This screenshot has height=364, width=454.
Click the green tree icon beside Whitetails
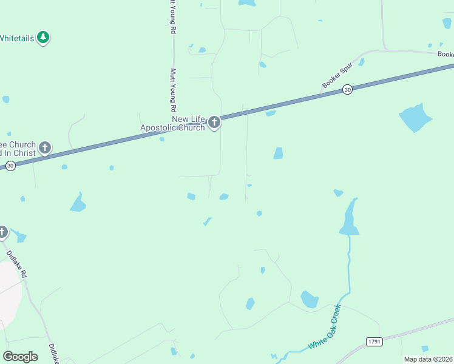tap(42, 38)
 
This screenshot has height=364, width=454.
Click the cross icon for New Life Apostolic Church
tap(214, 123)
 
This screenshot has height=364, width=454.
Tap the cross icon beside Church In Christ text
tap(44, 147)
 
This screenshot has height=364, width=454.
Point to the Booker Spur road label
tap(337, 79)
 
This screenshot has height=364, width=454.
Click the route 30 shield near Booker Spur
tap(347, 89)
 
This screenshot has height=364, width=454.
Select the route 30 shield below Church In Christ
tap(10, 166)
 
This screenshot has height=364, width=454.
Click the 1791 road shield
tap(374, 342)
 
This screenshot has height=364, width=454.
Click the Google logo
tap(20, 356)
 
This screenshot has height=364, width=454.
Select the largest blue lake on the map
tap(415, 118)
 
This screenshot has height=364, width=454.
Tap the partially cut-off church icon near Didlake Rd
tap(2, 232)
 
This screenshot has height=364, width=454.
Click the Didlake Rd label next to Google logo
tap(53, 354)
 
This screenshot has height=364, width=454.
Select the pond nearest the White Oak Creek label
tap(309, 299)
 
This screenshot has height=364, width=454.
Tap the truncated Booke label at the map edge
tap(446, 54)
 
